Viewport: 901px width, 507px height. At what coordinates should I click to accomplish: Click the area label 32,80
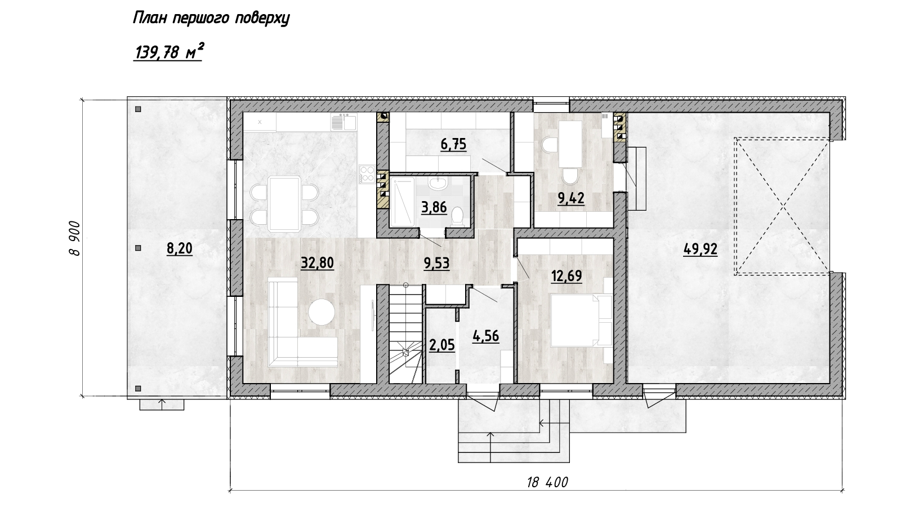[318, 263]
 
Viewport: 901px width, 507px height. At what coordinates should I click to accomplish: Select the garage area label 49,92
[701, 250]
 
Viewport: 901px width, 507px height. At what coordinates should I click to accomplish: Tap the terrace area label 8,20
[180, 249]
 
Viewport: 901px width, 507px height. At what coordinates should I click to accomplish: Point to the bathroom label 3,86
[434, 207]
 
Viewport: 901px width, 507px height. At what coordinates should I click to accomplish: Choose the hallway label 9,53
[436, 264]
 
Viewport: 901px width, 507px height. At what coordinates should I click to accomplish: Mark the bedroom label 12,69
[567, 277]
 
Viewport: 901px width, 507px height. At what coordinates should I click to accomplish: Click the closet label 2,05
[441, 345]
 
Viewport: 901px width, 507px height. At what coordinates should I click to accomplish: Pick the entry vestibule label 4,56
[486, 336]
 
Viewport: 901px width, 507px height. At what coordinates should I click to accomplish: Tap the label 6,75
[453, 144]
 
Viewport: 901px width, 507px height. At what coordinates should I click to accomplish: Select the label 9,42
[571, 198]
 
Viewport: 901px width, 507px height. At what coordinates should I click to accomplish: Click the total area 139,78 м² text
[168, 52]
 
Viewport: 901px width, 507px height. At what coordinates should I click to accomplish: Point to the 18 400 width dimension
[547, 482]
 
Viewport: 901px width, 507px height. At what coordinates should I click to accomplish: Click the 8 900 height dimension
[75, 238]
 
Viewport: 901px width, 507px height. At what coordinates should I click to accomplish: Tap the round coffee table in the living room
[322, 312]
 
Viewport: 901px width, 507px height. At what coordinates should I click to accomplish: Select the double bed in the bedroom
[581, 320]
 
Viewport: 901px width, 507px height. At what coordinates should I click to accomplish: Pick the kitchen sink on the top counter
[344, 122]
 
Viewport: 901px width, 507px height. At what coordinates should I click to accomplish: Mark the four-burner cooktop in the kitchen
[367, 174]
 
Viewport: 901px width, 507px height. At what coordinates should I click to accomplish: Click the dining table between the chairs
[285, 204]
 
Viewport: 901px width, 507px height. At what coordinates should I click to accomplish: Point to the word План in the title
[150, 19]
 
